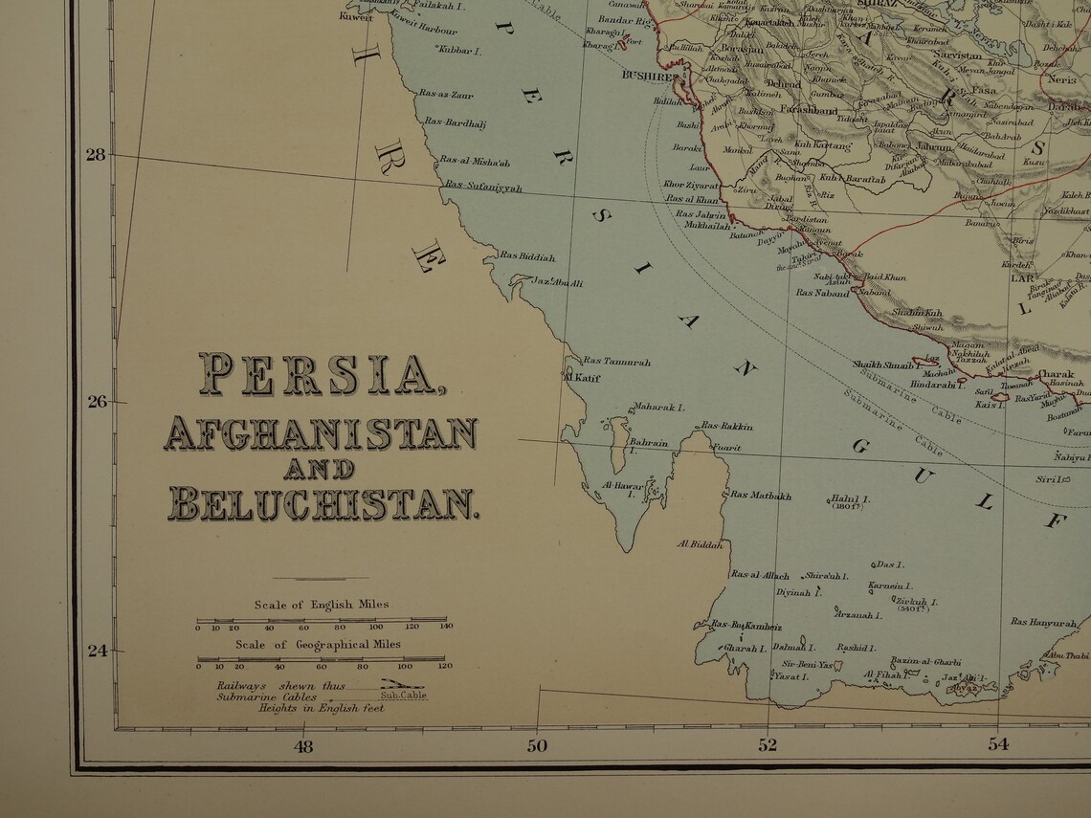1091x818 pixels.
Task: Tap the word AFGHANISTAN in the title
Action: (321, 433)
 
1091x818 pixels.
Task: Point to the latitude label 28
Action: (96, 153)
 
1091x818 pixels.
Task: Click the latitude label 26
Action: (98, 402)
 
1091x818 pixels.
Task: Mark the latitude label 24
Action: (98, 651)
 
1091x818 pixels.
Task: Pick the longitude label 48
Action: (303, 747)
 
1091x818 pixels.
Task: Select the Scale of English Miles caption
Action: (322, 605)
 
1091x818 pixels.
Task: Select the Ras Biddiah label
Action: (526, 256)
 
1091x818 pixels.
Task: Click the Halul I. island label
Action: (850, 498)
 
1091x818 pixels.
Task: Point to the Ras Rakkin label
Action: (727, 426)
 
